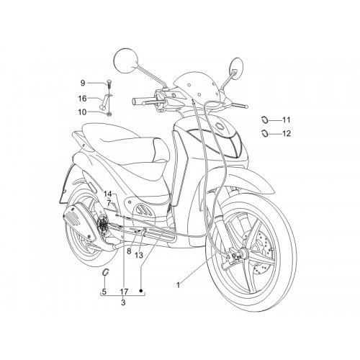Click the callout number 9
pyautogui.click(x=83, y=83)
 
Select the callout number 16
pyautogui.click(x=82, y=99)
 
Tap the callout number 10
pyautogui.click(x=82, y=112)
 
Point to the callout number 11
pyautogui.click(x=286, y=120)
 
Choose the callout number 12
pyautogui.click(x=287, y=133)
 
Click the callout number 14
pyautogui.click(x=108, y=194)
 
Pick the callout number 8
pyautogui.click(x=129, y=251)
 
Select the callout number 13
pyautogui.click(x=139, y=255)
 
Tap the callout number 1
pyautogui.click(x=178, y=285)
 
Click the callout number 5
pyautogui.click(x=104, y=292)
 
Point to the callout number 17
pyautogui.click(x=124, y=292)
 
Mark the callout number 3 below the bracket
pyautogui.click(x=123, y=302)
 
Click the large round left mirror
pyautogui.click(x=127, y=60)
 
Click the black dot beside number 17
pyautogui.click(x=141, y=291)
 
